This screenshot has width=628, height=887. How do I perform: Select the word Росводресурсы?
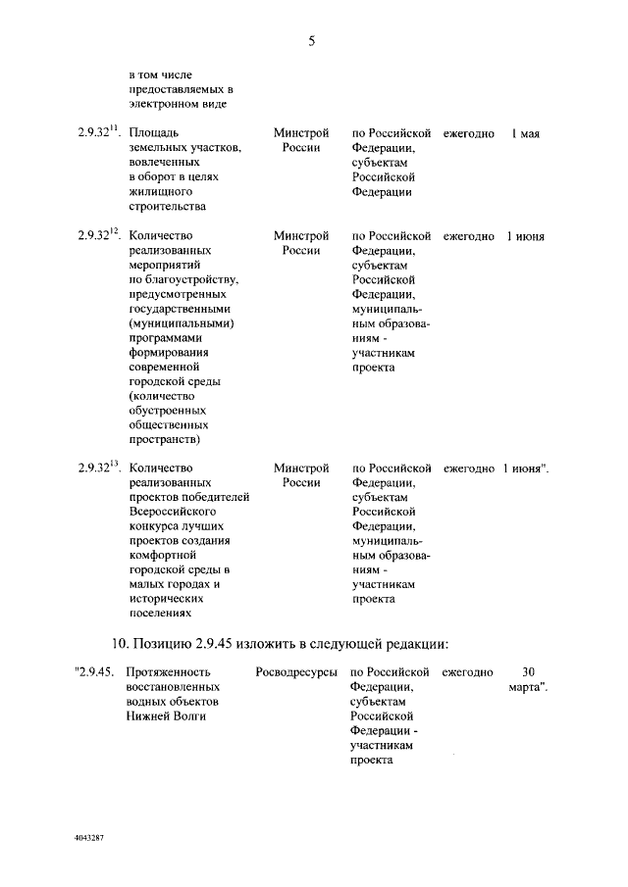click(295, 673)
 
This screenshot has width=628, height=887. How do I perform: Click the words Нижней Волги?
click(167, 716)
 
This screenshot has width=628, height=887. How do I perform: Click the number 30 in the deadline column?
click(527, 673)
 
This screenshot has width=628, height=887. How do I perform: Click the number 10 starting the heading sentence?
click(116, 643)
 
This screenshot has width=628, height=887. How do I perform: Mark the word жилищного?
click(159, 192)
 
